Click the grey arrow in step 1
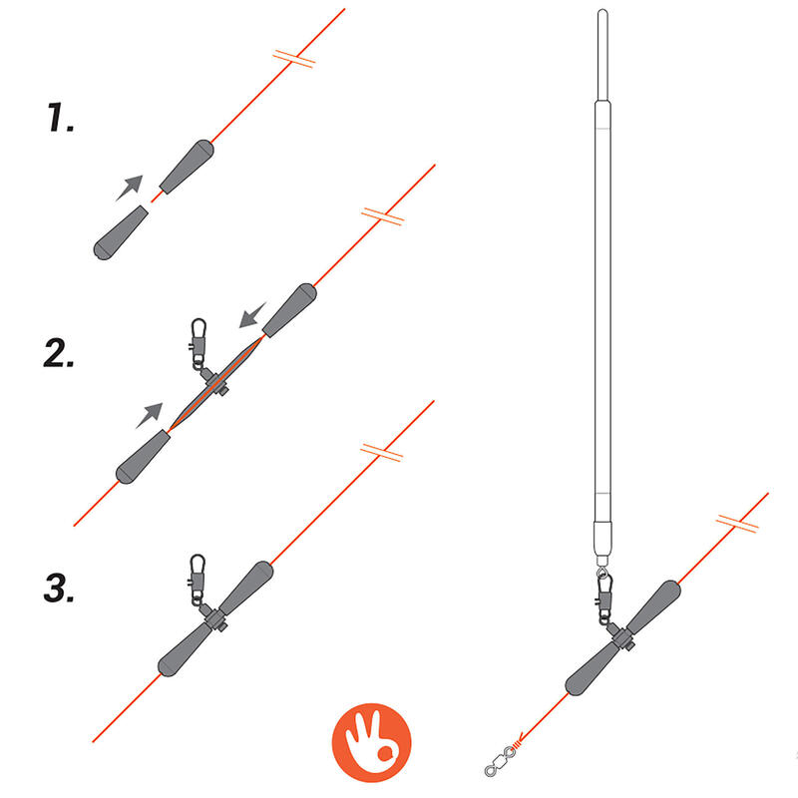(x=129, y=187)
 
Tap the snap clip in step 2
(x=199, y=341)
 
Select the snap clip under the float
(x=604, y=598)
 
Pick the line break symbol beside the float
(x=737, y=522)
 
